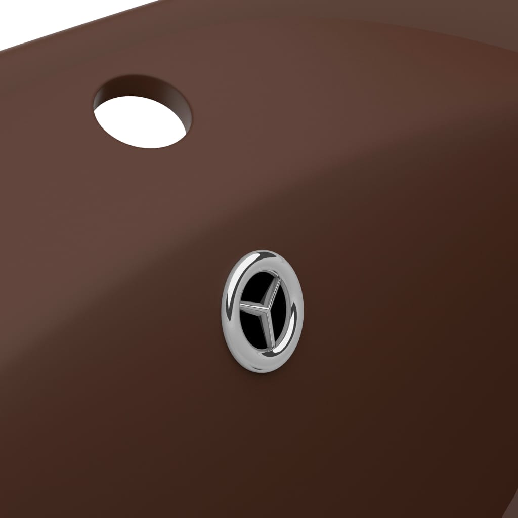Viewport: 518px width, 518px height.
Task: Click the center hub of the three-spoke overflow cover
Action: point(263,307)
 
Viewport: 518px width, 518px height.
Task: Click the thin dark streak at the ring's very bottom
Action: point(263,365)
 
